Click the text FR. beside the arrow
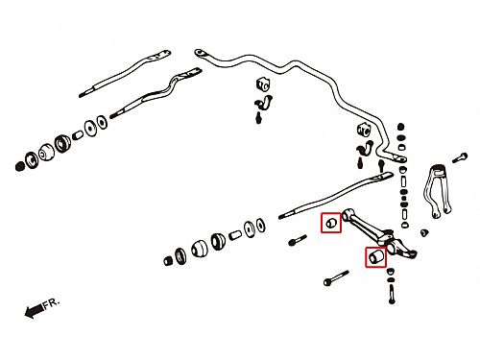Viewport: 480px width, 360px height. pyautogui.click(x=52, y=303)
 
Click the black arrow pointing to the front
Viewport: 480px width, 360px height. pyautogui.click(x=34, y=310)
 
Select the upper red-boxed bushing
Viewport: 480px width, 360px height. pyautogui.click(x=331, y=223)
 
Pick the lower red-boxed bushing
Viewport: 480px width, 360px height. pyautogui.click(x=375, y=257)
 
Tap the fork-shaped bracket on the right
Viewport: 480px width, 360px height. pyautogui.click(x=437, y=191)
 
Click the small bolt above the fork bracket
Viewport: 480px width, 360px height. pyautogui.click(x=460, y=158)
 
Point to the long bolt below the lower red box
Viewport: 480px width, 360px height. pyautogui.click(x=336, y=277)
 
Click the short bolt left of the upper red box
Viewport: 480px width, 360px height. pyautogui.click(x=298, y=240)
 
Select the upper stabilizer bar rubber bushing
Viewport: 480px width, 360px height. pyautogui.click(x=263, y=84)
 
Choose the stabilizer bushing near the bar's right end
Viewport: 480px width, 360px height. pyautogui.click(x=364, y=129)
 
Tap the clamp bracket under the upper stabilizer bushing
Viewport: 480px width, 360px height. pyautogui.click(x=265, y=104)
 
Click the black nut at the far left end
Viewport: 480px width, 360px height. pyautogui.click(x=20, y=166)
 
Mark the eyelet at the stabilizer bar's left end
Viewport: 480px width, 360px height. pyautogui.click(x=200, y=53)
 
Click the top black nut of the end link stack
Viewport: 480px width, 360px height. pyautogui.click(x=401, y=127)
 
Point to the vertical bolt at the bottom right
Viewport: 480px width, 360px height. pyautogui.click(x=392, y=294)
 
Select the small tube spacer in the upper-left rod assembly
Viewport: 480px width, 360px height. pyautogui.click(x=78, y=135)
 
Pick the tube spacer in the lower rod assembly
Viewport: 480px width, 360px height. pyautogui.click(x=235, y=235)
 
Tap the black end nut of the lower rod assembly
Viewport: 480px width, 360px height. pyautogui.click(x=168, y=261)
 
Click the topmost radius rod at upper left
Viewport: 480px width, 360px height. pyautogui.click(x=125, y=73)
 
